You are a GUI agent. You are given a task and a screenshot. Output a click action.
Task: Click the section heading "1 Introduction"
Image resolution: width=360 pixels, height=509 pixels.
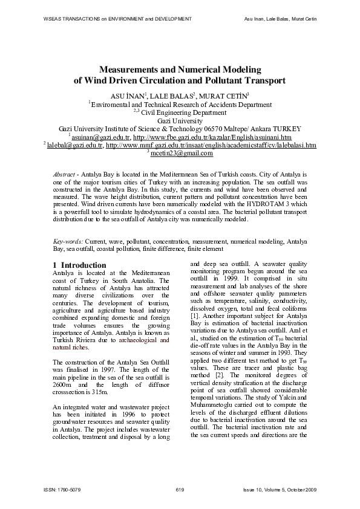tap(79, 265)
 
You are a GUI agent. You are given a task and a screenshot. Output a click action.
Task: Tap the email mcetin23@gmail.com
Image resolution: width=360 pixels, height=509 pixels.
tap(182, 154)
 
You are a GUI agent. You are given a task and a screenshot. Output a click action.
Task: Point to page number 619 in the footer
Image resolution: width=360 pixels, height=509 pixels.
tap(180, 488)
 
